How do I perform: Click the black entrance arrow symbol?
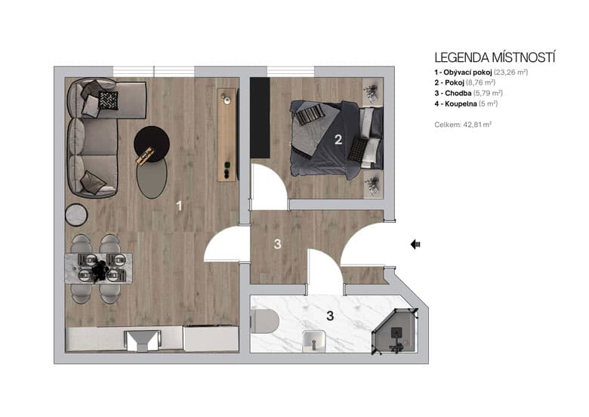coord(415,244)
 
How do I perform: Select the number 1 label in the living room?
coord(179,205)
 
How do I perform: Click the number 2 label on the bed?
coord(339,139)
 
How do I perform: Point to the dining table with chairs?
coord(100,269)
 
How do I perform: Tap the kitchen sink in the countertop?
coord(142,340)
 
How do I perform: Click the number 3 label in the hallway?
coord(278,244)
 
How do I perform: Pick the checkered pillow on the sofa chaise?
coord(108,100)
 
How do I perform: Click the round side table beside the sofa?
coord(77,215)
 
